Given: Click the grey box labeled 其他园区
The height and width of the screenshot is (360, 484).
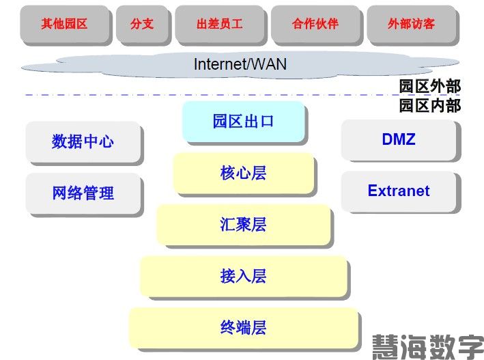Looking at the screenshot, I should [64, 24].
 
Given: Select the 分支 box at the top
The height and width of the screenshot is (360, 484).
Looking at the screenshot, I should [142, 24].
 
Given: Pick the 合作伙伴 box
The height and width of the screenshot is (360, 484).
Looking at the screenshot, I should [315, 24].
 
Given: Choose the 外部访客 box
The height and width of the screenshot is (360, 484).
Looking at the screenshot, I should [411, 24].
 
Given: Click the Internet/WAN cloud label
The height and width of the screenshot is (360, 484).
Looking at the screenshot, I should [240, 64].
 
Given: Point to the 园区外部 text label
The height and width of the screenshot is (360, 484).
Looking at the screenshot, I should [430, 86].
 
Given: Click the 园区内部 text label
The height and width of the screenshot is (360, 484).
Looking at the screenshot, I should [430, 105].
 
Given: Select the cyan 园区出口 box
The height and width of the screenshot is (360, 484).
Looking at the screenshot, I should [243, 122].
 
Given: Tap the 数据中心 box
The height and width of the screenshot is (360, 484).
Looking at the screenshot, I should [83, 142].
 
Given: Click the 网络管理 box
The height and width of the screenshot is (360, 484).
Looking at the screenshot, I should [83, 193].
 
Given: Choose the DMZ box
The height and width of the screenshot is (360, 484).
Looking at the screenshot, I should [399, 140].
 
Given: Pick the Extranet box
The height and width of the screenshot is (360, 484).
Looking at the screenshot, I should [399, 191].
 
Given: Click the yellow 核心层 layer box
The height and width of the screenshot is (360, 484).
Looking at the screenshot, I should [243, 173].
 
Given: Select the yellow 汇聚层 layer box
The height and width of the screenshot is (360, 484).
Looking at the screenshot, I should [243, 225].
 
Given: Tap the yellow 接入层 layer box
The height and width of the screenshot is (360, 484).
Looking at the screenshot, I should [243, 276].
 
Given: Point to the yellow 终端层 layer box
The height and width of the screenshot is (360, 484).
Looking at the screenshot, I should [243, 328].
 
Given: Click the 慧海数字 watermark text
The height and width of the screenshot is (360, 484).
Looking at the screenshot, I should [427, 347].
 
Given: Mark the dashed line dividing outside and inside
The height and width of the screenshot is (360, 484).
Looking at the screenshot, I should [205, 95].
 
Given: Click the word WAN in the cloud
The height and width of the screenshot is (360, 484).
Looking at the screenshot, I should [270, 64].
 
